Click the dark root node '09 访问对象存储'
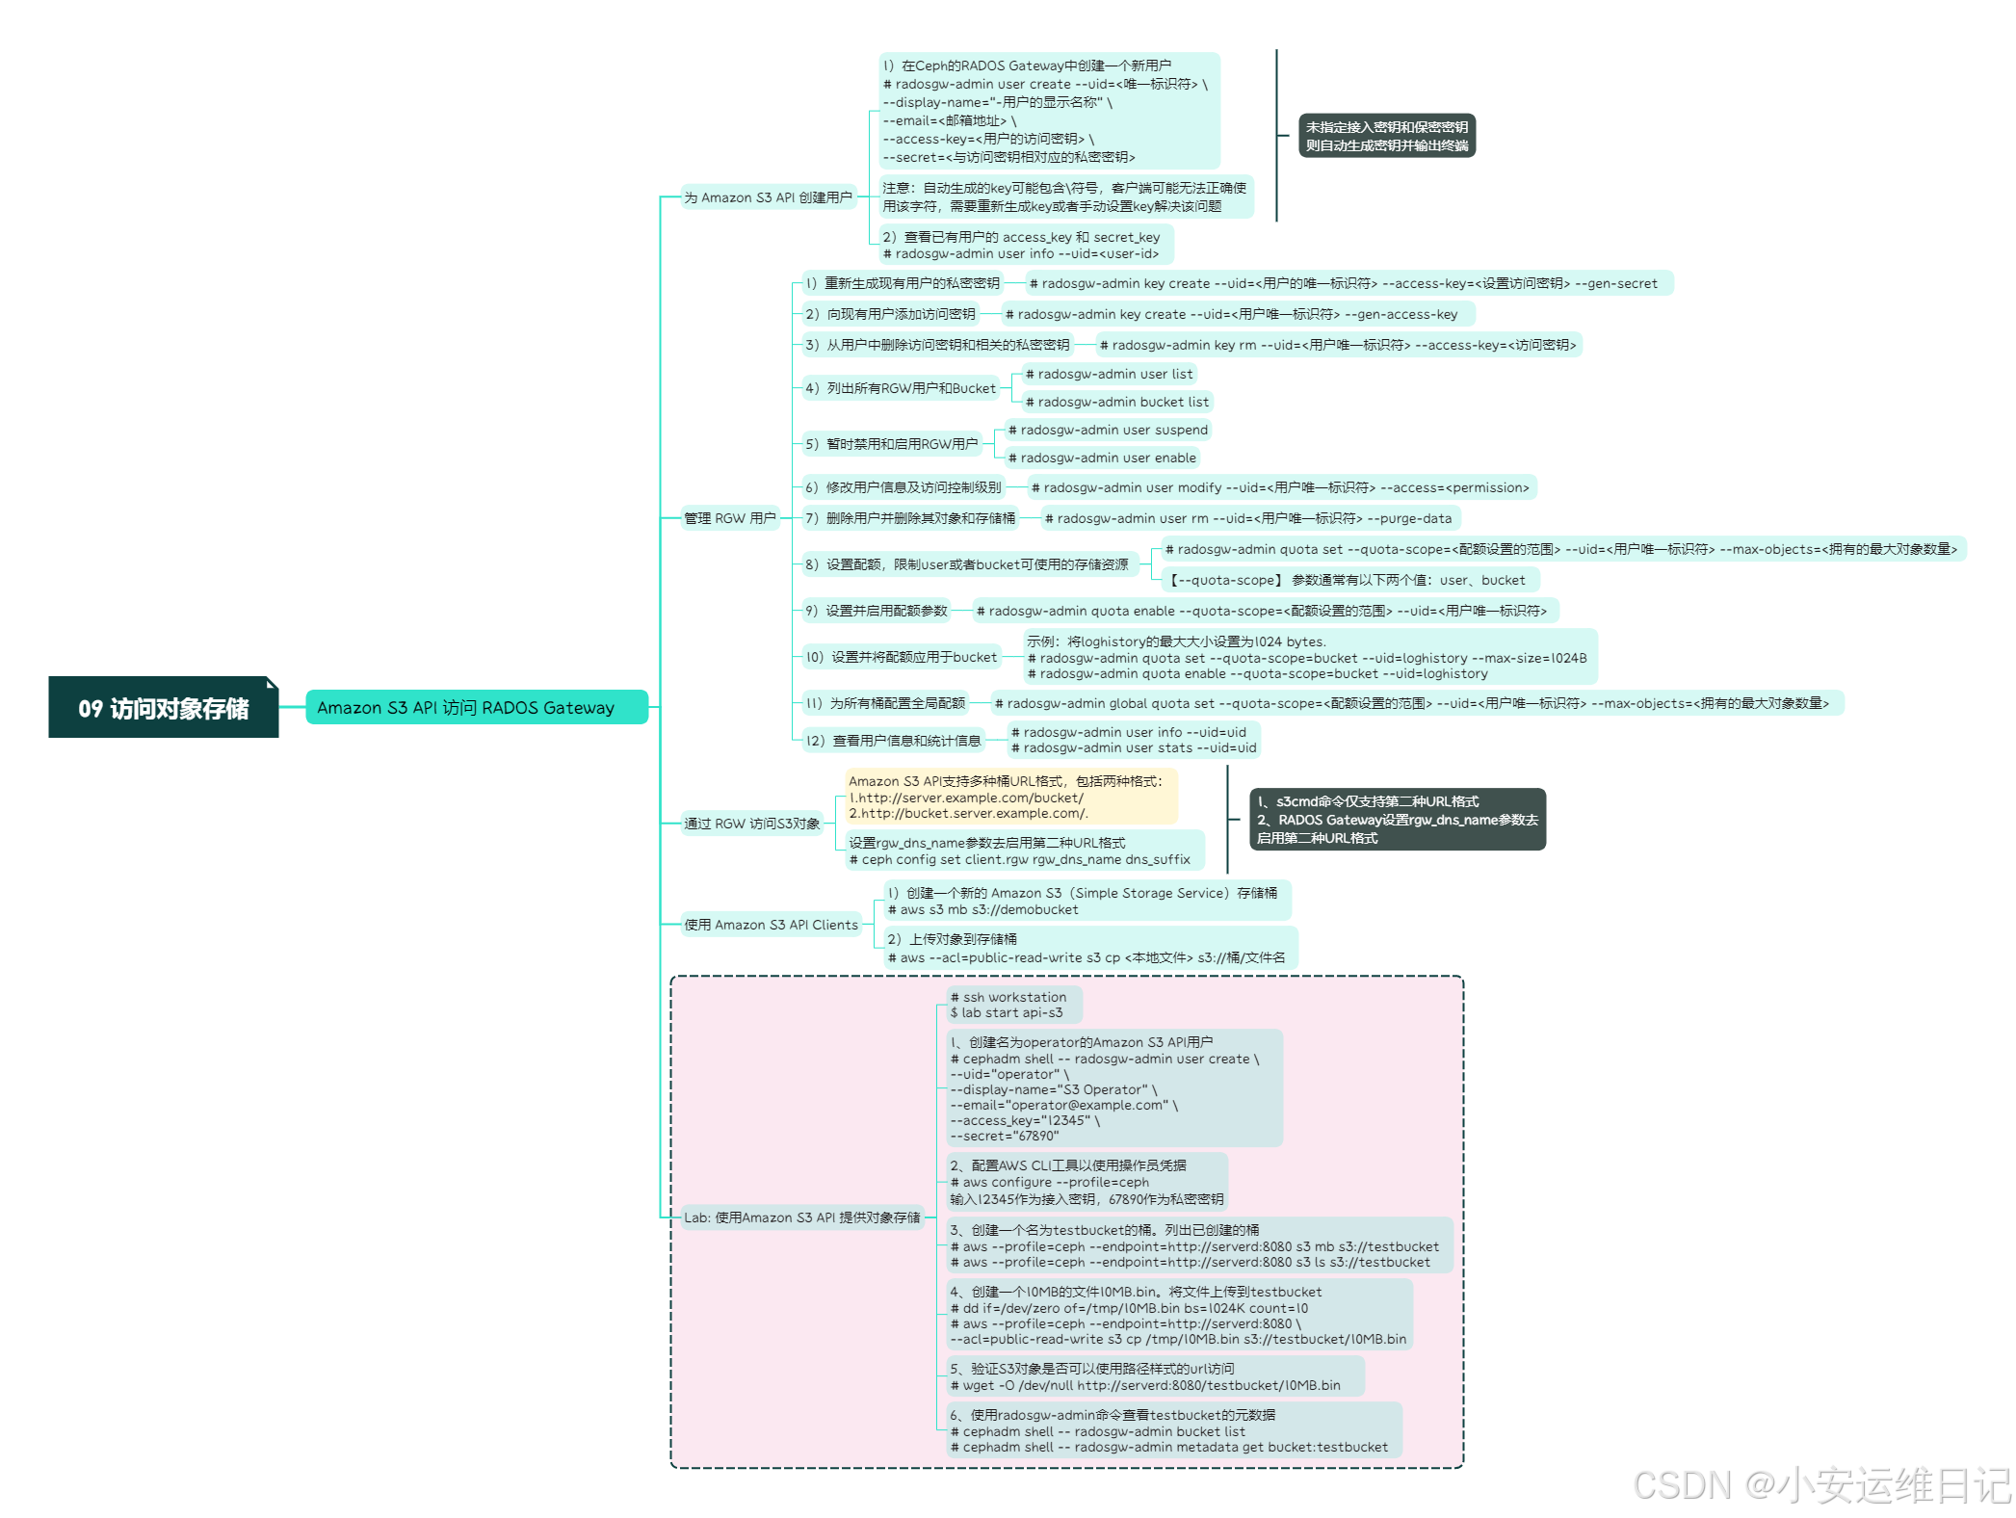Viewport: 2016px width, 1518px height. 164,708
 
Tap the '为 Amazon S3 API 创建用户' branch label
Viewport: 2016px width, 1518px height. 768,197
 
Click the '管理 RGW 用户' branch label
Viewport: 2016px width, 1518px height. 729,518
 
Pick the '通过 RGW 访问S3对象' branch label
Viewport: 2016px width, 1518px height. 751,824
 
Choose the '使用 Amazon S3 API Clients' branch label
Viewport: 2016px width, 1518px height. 771,925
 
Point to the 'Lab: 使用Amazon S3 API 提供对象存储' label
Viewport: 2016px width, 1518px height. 801,1217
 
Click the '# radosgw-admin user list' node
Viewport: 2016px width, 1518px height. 1109,374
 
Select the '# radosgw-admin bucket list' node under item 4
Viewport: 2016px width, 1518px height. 1116,402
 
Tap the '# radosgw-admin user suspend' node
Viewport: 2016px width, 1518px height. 1107,430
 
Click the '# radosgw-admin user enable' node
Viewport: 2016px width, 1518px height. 1101,458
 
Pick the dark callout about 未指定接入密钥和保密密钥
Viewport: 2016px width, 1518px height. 1386,136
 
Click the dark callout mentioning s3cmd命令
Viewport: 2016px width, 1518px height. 1397,820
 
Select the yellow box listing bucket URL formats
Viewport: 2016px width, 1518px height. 1010,797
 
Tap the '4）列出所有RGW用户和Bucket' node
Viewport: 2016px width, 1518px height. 900,388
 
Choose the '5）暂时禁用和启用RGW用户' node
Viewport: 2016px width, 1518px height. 891,444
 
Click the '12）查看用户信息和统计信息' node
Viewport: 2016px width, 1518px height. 893,741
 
